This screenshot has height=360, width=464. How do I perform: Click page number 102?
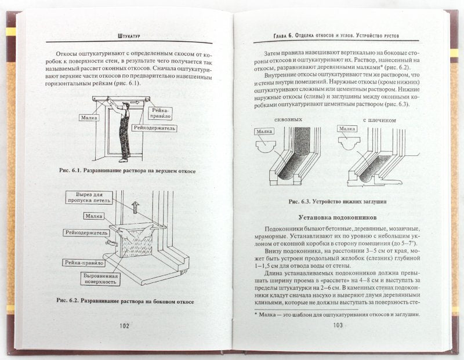tap(124, 325)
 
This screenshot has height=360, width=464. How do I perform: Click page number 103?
tap(339, 325)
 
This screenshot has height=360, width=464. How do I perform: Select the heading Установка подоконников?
tap(338, 217)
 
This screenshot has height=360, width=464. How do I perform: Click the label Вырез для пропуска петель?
tap(88, 198)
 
